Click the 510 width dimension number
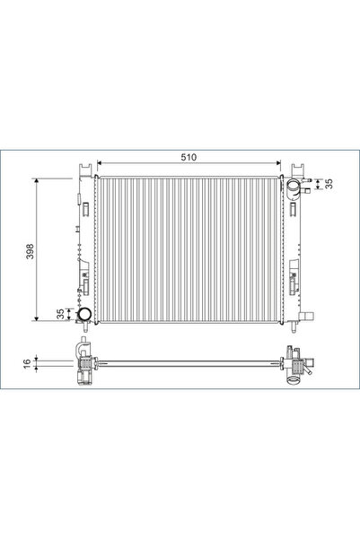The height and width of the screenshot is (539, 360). click(188, 157)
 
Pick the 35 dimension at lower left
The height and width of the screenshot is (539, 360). click(61, 316)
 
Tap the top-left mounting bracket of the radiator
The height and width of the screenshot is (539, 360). click(85, 170)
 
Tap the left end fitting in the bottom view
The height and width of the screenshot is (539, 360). click(85, 363)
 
